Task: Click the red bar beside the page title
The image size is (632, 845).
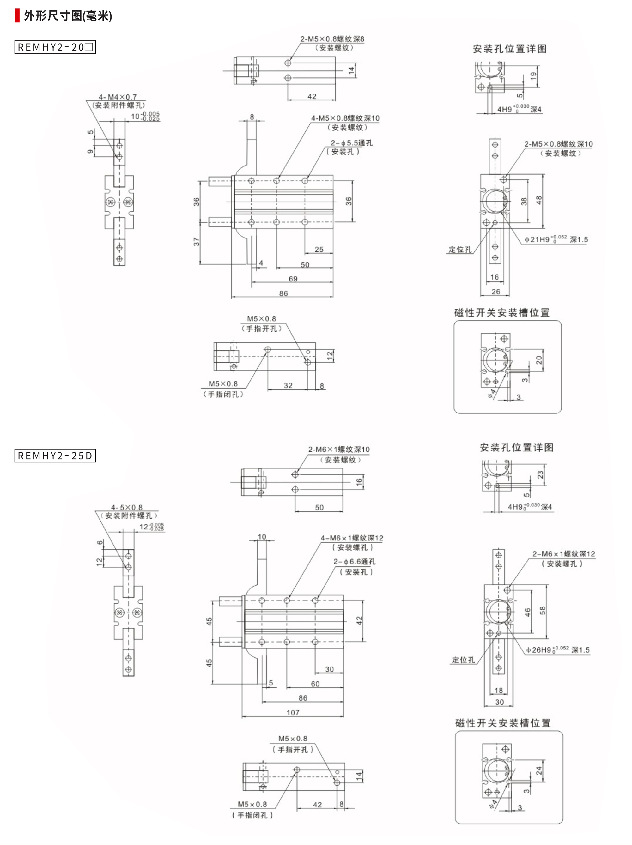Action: [x=17, y=16]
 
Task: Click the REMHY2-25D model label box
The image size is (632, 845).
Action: [x=55, y=456]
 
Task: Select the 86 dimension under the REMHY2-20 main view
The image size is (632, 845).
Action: [x=283, y=293]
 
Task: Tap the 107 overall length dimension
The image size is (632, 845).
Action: [x=293, y=712]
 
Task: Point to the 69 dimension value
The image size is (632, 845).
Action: [x=293, y=279]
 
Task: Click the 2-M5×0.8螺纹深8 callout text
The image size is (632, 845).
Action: [x=332, y=39]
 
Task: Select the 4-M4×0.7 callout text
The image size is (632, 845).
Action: [x=117, y=97]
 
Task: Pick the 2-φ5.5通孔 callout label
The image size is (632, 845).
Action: [x=351, y=143]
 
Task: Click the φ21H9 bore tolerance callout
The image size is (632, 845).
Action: [x=556, y=239]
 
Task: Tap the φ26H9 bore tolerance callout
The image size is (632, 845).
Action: [x=557, y=650]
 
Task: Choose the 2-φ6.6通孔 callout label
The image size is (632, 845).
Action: [x=354, y=562]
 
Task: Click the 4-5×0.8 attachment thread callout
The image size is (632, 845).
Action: [x=126, y=507]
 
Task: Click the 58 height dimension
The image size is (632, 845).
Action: [x=542, y=610]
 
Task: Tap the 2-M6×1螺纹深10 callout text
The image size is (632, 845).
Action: [x=338, y=449]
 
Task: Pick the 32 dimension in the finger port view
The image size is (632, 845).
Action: [x=288, y=385]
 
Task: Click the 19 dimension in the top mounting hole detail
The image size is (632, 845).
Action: [x=533, y=76]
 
